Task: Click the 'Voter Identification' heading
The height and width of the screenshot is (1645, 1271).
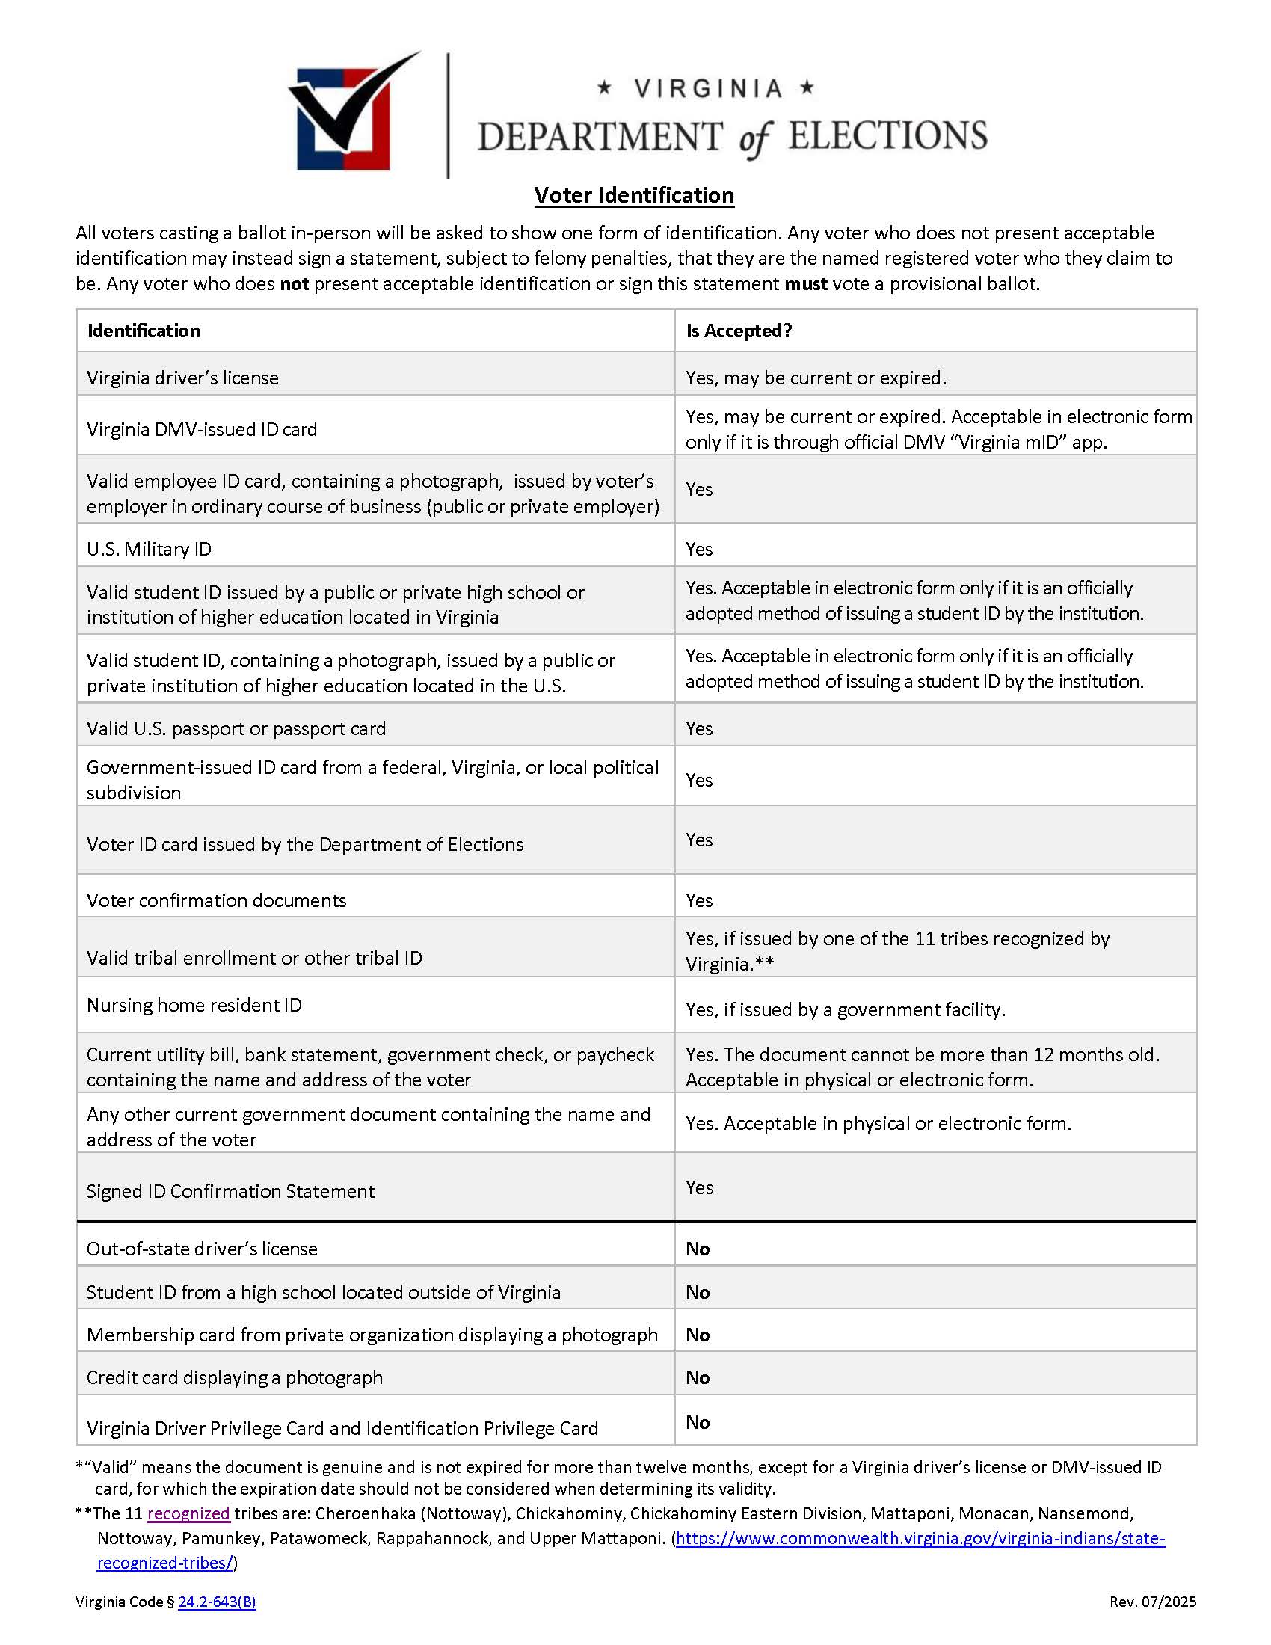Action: point(634,195)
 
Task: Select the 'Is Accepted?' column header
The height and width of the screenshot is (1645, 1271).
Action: point(739,330)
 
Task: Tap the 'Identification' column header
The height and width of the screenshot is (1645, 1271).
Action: point(144,330)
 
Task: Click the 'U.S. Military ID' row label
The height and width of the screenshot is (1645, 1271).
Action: point(149,549)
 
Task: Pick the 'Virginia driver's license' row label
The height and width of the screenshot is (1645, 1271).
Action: point(182,378)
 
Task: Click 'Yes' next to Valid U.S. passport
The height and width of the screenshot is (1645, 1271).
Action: point(699,728)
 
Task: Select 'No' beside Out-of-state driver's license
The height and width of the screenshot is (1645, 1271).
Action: point(698,1249)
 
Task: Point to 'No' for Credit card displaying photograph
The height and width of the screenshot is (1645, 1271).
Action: point(698,1377)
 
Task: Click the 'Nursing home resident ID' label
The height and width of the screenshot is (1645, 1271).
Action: point(194,1006)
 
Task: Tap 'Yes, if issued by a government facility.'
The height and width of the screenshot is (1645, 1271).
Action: point(845,1010)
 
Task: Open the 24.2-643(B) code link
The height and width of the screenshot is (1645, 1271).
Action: point(217,1602)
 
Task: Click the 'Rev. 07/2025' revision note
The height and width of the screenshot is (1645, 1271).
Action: point(1152,1602)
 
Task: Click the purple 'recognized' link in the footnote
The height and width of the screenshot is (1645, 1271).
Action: point(188,1514)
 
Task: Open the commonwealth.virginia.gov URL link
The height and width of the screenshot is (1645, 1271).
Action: point(920,1538)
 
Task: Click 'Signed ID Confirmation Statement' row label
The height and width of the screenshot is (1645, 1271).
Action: point(230,1192)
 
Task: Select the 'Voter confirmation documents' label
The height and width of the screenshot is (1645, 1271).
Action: point(216,901)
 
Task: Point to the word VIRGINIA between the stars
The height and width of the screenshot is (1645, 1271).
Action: point(707,89)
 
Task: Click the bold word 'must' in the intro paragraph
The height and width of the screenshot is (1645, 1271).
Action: point(805,284)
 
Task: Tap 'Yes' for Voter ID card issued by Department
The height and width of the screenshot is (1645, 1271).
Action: point(699,840)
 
